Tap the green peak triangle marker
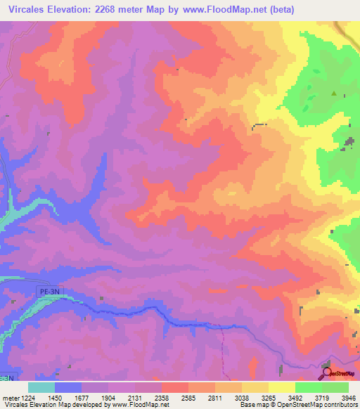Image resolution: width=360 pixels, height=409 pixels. [x=335, y=94]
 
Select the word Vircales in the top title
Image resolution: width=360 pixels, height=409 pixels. [x=27, y=10]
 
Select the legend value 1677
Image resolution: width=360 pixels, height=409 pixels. [x=82, y=398]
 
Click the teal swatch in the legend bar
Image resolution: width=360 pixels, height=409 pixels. [x=41, y=387]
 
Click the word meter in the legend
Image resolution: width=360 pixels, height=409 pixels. [x=8, y=398]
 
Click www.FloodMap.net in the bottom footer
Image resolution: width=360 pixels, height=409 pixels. [x=136, y=405]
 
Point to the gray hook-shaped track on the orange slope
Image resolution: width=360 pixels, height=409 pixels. [x=259, y=125]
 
